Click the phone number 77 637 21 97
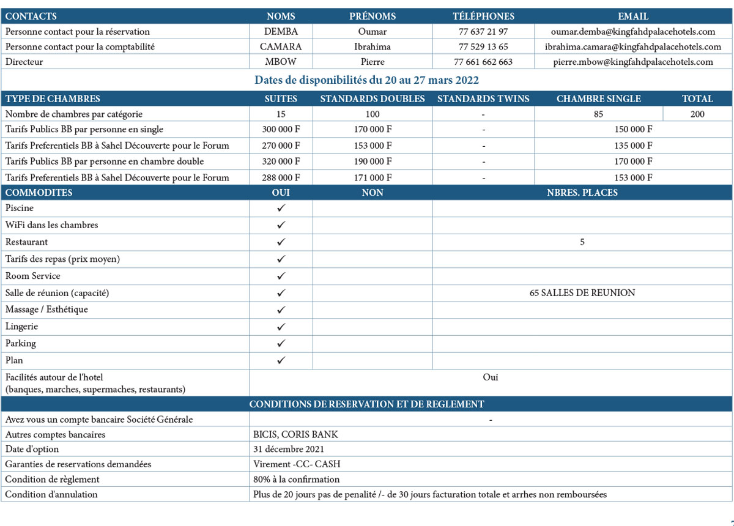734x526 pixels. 483,31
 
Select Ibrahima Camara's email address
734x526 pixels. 633,46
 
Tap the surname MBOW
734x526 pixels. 281,62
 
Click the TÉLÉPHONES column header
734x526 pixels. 483,17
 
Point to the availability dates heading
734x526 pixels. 366,80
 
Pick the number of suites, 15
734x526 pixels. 281,114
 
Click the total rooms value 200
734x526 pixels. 697,114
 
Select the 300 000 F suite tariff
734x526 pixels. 281,130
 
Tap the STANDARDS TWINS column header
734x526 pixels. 483,98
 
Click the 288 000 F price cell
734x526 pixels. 281,177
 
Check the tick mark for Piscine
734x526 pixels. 281,208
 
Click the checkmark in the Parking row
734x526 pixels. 281,343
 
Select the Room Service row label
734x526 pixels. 32,276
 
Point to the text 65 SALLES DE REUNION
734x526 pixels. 582,293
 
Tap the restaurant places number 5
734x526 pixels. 582,242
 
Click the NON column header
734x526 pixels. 373,193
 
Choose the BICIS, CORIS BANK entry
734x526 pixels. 295,435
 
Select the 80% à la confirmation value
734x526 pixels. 296,480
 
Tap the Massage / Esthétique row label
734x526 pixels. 46,309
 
